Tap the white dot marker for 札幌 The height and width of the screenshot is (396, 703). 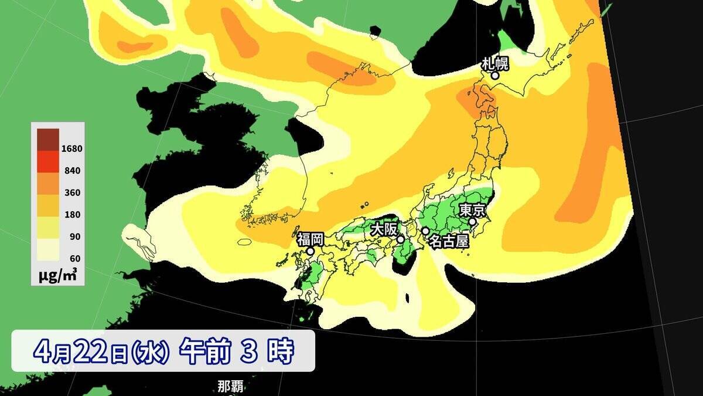point(495,75)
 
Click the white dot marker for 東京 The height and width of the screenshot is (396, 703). point(472,222)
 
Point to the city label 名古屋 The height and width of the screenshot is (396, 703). point(448,241)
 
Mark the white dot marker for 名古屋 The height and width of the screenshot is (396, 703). point(425,231)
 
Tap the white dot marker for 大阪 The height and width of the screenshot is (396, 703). point(400,239)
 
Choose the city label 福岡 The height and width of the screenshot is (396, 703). point(310,239)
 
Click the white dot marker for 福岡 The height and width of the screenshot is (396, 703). point(310,251)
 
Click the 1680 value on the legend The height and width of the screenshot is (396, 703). point(73,148)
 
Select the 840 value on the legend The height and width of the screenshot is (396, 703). point(73,171)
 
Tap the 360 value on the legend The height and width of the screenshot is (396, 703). point(73,192)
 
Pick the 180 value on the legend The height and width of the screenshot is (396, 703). point(73,215)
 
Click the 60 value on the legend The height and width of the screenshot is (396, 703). point(73,258)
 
